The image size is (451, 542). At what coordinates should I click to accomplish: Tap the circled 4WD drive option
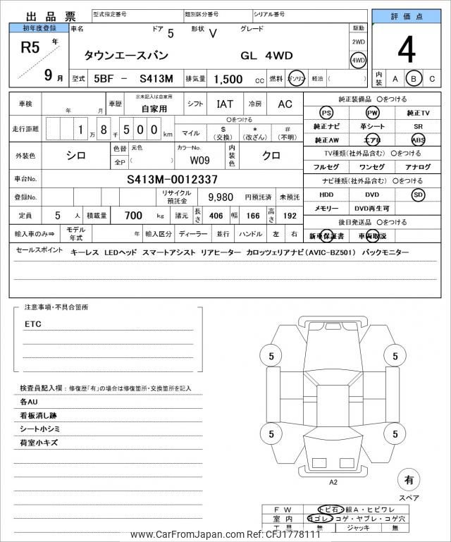tap(359, 60)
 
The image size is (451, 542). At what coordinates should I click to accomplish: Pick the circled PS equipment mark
tap(326, 113)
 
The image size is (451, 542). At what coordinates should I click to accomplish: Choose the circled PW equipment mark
tap(372, 113)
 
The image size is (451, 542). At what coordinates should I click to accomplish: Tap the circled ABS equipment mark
tap(419, 140)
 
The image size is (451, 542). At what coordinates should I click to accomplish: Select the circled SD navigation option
tap(419, 195)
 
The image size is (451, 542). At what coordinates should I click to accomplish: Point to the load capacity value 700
tap(133, 215)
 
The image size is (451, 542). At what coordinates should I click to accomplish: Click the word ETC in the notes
tap(33, 324)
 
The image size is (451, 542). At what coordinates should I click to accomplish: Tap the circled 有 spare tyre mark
tap(407, 479)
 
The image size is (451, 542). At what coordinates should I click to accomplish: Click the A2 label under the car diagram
tap(333, 482)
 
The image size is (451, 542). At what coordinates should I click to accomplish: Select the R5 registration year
tap(27, 48)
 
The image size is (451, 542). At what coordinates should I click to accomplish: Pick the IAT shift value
tap(224, 104)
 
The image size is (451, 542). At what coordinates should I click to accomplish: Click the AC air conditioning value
tap(285, 104)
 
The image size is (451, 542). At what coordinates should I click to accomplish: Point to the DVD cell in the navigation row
tap(372, 195)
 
